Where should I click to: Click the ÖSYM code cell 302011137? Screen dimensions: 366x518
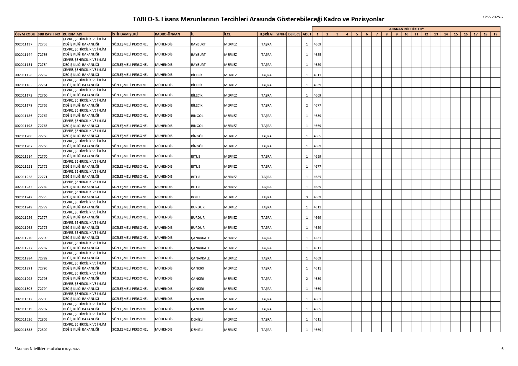pos(24,44)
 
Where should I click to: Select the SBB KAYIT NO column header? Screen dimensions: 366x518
pos(49,34)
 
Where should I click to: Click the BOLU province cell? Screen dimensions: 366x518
pos(196,197)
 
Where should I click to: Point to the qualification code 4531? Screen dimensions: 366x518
pos(317,238)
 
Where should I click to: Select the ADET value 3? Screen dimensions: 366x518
pos(307,197)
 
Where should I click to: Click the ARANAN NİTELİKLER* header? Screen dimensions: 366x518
pos(406,29)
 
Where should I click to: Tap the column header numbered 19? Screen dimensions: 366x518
pos(495,34)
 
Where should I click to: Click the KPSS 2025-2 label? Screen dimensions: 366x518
pos(493,17)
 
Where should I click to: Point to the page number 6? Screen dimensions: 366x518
pos(502,349)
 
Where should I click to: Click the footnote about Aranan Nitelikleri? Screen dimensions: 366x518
pos(47,349)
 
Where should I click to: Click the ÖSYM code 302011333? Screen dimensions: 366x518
pos(24,330)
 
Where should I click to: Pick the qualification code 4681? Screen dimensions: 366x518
pos(317,299)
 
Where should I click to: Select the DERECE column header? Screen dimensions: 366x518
pos(294,34)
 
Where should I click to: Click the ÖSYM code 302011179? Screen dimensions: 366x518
pos(24,105)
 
